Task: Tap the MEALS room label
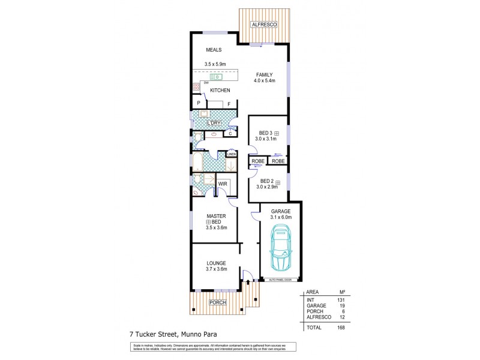click(214, 50)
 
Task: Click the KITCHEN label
click(220, 91)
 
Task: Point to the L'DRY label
click(215, 124)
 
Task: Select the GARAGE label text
click(280, 211)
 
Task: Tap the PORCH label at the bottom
click(217, 302)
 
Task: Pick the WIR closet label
click(221, 184)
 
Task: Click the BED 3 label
click(266, 133)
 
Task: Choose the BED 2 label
click(266, 181)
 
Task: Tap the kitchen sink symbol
click(216, 77)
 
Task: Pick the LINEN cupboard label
click(230, 154)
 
